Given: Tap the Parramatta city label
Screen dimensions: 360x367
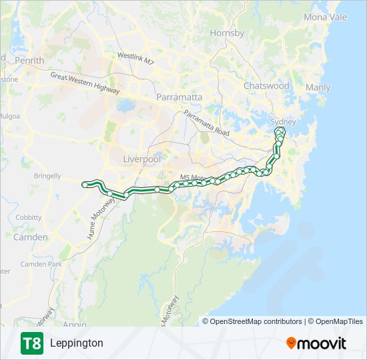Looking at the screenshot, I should coord(179,97).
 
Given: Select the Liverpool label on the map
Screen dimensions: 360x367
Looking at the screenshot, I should coord(142,159).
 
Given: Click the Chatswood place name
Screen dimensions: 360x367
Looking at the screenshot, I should coord(266,86).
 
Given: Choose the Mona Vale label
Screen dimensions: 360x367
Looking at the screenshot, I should coord(325,17).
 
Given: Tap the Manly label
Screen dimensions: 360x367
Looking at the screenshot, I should coord(318,88).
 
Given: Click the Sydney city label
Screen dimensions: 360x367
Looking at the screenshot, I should coord(282,122).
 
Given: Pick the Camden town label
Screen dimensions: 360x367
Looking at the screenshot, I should coord(30,237).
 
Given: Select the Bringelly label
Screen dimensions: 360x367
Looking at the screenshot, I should coord(47,177).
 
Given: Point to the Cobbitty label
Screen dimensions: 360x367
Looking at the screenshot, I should coord(29,217).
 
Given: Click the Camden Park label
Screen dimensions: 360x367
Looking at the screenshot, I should coord(41,265).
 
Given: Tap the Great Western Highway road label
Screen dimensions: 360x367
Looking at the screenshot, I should coord(85,83).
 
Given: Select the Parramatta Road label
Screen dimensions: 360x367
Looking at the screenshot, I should coord(207,123).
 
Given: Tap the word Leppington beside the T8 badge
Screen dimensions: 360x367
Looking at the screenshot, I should coord(76,343).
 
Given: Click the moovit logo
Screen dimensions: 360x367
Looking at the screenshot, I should coord(316,343).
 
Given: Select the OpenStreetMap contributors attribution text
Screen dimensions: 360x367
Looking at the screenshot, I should coord(256,321).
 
